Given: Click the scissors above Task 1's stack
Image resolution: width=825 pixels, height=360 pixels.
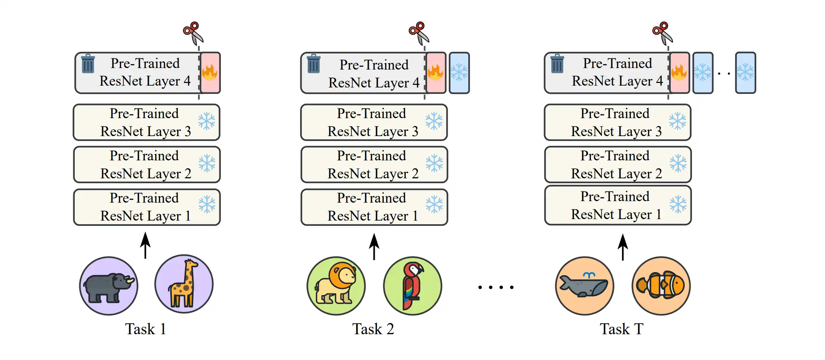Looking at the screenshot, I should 193,33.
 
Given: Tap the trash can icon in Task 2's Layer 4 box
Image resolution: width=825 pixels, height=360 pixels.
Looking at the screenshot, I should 313,64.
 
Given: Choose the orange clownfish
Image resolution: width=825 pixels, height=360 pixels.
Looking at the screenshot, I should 661,286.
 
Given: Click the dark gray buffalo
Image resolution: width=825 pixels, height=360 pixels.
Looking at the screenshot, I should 108,286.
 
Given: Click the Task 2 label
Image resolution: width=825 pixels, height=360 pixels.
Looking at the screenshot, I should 373,329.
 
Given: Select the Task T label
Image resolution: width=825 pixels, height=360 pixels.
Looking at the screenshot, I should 621,329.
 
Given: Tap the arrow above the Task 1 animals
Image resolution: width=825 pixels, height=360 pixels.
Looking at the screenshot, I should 145,245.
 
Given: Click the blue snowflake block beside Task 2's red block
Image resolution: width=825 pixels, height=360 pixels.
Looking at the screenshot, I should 459,73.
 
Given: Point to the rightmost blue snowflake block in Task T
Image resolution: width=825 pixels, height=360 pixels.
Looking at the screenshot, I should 745,73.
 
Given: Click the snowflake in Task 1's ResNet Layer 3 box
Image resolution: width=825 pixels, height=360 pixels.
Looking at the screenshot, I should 207,121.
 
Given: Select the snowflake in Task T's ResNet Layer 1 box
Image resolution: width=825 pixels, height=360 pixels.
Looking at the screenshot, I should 678,204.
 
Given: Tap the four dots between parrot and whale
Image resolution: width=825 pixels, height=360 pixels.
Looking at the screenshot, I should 496,287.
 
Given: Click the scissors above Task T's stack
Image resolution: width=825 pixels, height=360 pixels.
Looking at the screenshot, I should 662,33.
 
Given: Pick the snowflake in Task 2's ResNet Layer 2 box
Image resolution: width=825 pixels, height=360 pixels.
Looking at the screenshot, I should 434,164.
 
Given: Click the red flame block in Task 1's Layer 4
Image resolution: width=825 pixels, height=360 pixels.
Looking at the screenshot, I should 210,73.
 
